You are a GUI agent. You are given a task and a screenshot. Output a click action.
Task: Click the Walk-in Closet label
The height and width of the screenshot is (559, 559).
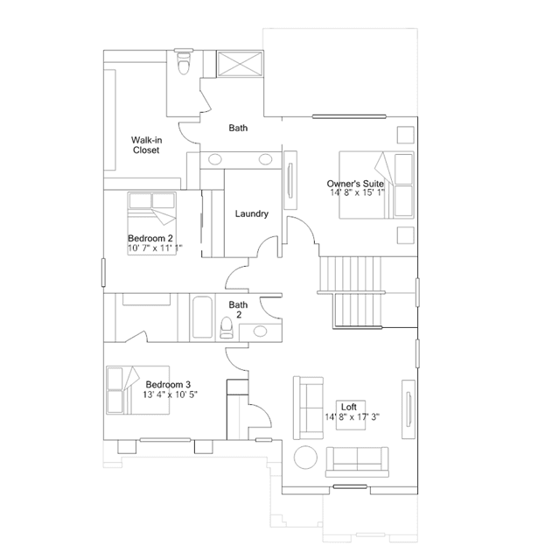146,145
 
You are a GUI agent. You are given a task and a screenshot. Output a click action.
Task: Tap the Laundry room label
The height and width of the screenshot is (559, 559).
252,214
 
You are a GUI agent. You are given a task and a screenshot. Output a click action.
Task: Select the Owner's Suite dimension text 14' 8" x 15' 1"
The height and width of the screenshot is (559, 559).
357,192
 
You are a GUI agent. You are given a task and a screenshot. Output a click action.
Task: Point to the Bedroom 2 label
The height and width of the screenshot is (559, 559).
150,238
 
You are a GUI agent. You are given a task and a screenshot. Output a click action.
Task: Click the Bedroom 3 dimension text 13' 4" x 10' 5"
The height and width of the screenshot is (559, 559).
170,395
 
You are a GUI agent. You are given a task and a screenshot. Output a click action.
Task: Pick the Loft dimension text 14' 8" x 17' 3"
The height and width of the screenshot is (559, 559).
352,416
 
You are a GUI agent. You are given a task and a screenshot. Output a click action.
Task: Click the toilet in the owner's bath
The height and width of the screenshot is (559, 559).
184,62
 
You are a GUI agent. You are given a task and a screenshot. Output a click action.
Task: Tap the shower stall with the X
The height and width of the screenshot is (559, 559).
241,64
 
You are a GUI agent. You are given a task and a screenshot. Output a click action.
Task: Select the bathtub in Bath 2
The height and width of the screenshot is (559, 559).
202,318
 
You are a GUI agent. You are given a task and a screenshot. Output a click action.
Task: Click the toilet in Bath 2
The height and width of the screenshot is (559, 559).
227,328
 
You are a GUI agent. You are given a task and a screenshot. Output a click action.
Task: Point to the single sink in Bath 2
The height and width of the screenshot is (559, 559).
260,332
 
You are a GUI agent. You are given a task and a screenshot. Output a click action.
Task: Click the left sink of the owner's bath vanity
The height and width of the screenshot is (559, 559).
215,159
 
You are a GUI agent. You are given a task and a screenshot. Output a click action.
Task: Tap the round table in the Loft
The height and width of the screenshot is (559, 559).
305,458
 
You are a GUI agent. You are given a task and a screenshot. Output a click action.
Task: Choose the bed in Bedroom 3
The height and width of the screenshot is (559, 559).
137,390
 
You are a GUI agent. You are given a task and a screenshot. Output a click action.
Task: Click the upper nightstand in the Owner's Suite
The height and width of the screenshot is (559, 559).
406,135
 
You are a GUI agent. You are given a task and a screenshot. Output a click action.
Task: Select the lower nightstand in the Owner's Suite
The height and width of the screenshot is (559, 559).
406,235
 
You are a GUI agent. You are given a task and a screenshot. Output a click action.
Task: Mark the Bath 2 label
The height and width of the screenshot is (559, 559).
238,310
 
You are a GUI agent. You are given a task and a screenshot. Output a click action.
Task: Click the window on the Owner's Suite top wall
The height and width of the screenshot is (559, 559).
349,116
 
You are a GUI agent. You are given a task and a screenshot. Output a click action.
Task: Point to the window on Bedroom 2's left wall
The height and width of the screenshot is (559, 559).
103,272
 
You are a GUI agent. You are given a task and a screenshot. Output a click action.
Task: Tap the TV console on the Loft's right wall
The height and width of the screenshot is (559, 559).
409,409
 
